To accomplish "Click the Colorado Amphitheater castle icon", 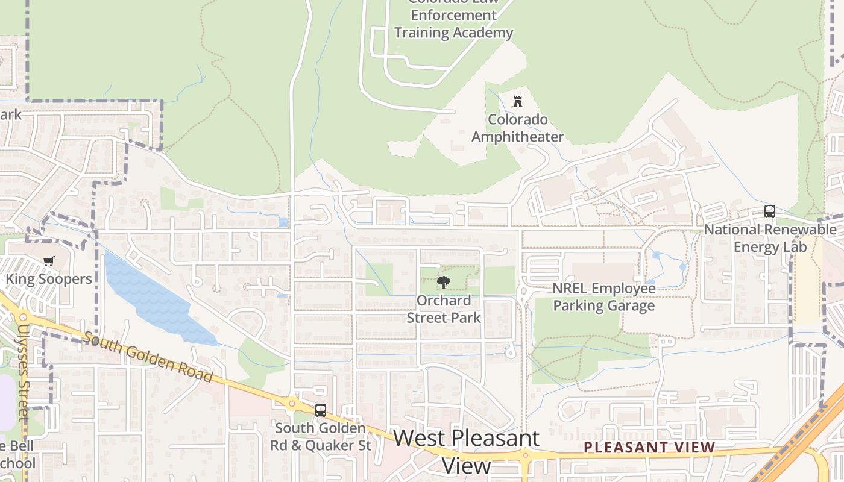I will tap(517, 101).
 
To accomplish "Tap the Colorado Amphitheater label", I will tap(517, 128).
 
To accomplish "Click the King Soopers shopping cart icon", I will tap(48, 261).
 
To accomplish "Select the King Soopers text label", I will tap(49, 279).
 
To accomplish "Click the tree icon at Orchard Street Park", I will tap(443, 282).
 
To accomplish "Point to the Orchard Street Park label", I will tap(444, 309).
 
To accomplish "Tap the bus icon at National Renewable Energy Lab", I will tap(769, 211).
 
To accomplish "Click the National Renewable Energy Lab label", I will tap(770, 238).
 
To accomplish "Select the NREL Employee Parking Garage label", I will tap(603, 297).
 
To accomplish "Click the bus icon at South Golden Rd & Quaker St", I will tap(321, 410).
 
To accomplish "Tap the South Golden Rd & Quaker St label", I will tap(320, 437).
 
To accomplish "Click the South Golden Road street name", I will tap(148, 357).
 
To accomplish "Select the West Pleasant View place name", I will tap(467, 451).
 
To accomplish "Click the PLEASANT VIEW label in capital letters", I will tap(649, 448).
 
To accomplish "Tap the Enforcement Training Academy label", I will tap(453, 24).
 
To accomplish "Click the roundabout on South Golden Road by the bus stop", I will tap(292, 404).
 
